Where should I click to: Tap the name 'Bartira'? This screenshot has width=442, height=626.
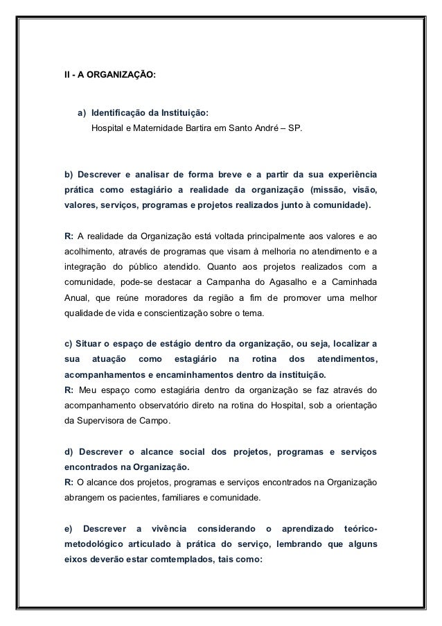(202, 129)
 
